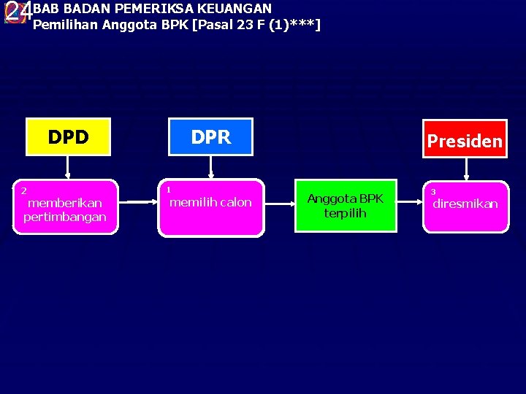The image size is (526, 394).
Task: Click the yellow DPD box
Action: [68, 137]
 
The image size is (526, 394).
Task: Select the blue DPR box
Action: [210, 137]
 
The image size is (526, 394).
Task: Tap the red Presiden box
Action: [464, 139]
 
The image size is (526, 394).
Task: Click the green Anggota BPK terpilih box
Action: [345, 206]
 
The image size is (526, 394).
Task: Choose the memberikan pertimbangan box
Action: [65, 207]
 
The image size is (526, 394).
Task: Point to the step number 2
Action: [23, 190]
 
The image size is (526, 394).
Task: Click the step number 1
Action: [168, 190]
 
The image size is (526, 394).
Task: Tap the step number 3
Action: [432, 192]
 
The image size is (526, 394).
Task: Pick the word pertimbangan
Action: [65, 217]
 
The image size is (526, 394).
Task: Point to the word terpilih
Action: [345, 213]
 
